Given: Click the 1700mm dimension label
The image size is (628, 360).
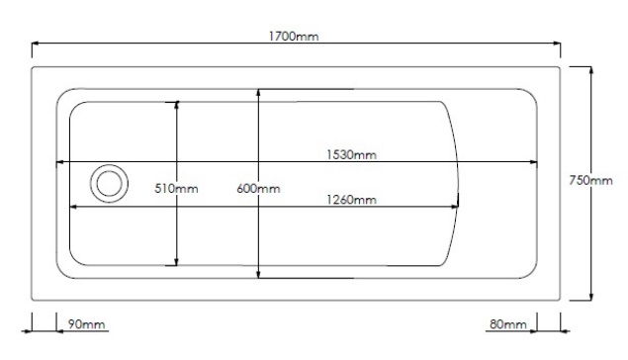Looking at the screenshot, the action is click(x=294, y=37).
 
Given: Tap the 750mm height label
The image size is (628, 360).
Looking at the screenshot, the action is click(x=590, y=181).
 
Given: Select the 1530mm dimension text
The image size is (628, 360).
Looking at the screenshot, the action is click(x=351, y=154).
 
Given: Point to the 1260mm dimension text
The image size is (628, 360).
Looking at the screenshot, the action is click(x=351, y=200).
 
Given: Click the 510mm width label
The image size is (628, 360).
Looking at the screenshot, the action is click(x=176, y=188).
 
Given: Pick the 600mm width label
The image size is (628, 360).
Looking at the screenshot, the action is click(x=258, y=188).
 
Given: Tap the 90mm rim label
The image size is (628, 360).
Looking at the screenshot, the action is click(x=86, y=324).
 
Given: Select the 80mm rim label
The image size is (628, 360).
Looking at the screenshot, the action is click(x=508, y=324).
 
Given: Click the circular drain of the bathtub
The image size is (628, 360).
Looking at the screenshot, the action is click(x=109, y=183).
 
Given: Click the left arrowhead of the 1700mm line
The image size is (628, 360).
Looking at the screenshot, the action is click(x=36, y=43).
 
